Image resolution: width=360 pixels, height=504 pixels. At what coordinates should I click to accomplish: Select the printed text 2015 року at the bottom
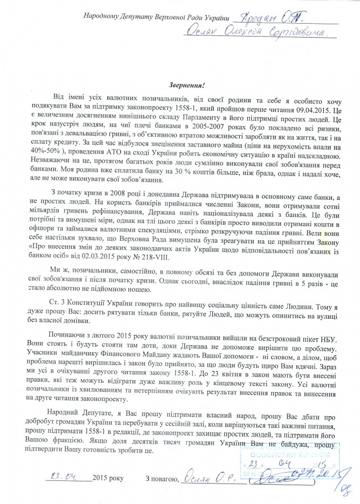[108, 479]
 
